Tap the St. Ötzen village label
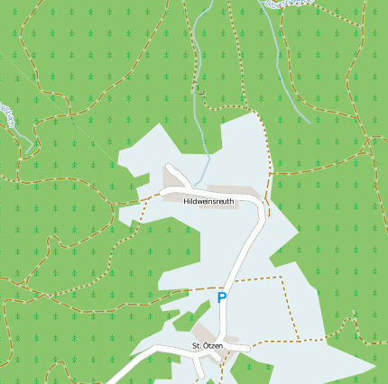(207, 346)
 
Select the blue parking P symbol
(222, 297)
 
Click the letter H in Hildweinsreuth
(185, 201)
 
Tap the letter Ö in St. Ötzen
(204, 346)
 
